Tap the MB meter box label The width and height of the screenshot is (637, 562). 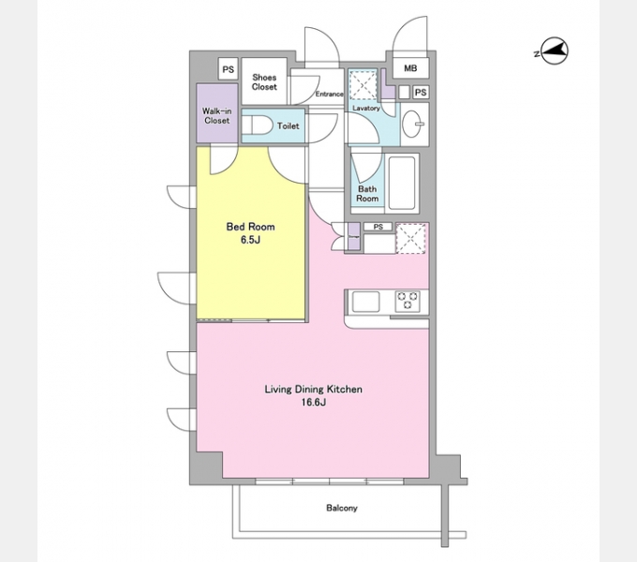[410, 68]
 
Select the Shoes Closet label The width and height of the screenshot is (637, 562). [264, 82]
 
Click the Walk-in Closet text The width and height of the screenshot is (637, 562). [217, 116]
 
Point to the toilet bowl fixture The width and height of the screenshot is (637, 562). [257, 126]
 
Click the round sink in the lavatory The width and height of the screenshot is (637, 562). [413, 124]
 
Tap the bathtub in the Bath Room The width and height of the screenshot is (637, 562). [402, 183]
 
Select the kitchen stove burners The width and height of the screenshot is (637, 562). [407, 301]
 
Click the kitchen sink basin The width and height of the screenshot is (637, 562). [365, 302]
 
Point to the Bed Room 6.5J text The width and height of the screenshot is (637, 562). [250, 233]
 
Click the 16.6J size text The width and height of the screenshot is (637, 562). [313, 403]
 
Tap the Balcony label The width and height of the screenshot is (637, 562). [342, 508]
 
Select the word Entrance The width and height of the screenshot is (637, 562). [329, 94]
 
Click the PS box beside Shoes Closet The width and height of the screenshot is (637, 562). [229, 69]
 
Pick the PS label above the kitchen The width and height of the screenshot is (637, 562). [378, 227]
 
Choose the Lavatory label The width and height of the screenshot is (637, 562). [366, 108]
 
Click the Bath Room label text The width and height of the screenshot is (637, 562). [367, 194]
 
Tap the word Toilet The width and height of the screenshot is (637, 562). [288, 126]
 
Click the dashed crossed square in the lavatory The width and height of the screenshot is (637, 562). [363, 84]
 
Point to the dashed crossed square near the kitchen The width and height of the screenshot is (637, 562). [410, 238]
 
